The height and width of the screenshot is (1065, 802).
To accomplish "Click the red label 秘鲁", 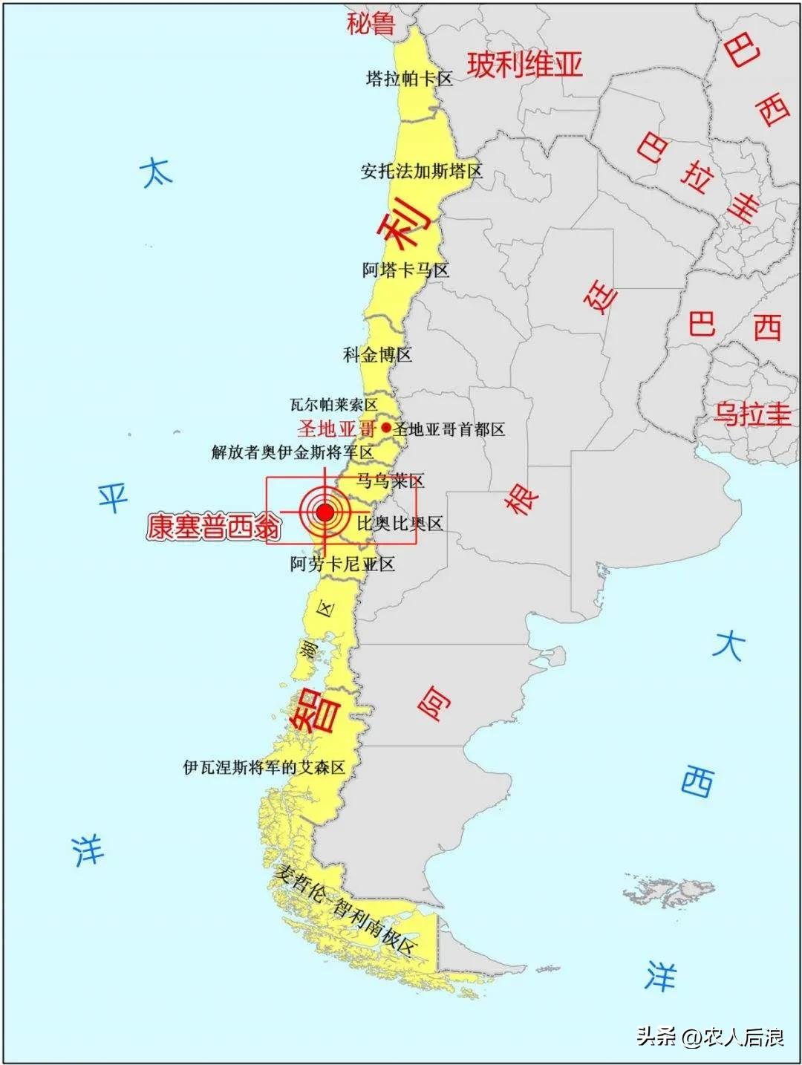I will [x=371, y=24].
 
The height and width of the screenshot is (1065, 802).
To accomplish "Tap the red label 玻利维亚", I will [x=524, y=65].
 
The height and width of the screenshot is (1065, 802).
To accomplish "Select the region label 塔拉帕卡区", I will [x=409, y=78].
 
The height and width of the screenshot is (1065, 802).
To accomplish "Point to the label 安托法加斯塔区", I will [x=421, y=172].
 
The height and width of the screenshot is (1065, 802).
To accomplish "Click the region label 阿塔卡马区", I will [x=405, y=270].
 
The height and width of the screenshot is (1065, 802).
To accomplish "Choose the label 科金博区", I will [x=377, y=354].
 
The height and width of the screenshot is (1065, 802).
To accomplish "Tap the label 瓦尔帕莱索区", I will [x=333, y=405].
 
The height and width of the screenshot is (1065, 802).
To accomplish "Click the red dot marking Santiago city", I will [x=386, y=428].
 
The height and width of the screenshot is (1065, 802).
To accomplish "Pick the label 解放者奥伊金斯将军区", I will [x=292, y=452].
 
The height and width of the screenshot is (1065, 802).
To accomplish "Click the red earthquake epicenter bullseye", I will [x=325, y=512].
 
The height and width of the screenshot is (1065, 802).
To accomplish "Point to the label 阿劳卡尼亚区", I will [x=342, y=564].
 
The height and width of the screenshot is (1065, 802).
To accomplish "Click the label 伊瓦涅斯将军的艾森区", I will [x=264, y=767].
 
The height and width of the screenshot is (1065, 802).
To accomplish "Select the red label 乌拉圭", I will [x=752, y=414].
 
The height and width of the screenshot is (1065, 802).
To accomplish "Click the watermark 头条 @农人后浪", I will [x=710, y=1036].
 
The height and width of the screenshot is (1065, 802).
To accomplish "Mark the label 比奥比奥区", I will [x=400, y=524].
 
